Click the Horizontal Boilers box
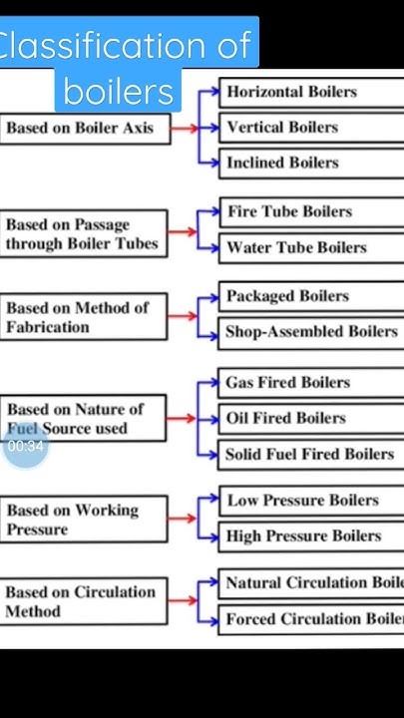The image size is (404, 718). tap(309, 92)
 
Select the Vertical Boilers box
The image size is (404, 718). tap(309, 128)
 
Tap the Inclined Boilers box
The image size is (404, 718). tap(309, 163)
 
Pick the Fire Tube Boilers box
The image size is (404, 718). tap(309, 211)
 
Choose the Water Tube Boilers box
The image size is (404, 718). tap(309, 247)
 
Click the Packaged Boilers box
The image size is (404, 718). tap(309, 296)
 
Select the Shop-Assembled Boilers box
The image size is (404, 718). tap(310, 332)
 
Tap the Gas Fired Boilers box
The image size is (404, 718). tap(309, 382)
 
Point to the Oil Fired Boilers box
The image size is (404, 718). tap(309, 418)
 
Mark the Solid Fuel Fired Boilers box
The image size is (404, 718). tap(310, 454)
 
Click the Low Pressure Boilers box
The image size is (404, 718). tap(309, 501)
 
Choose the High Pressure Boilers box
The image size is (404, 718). tap(309, 537)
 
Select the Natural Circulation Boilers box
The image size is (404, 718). tap(310, 582)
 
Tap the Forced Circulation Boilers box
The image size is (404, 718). tap(310, 619)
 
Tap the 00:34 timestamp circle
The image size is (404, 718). tap(25, 446)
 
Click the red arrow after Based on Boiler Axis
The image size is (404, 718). tap(184, 128)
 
